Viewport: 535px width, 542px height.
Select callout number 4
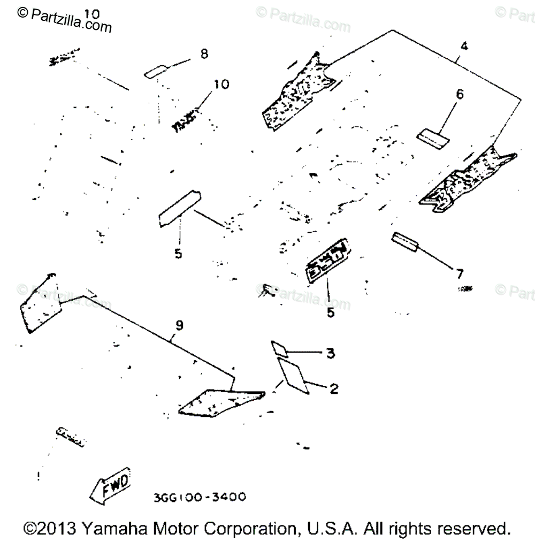464,46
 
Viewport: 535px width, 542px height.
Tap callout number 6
460,94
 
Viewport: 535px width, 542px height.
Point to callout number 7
460,273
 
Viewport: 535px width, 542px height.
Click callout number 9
179,324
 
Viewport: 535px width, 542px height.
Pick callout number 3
331,353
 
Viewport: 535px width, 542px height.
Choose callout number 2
333,389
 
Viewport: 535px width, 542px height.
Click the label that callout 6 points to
434,137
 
